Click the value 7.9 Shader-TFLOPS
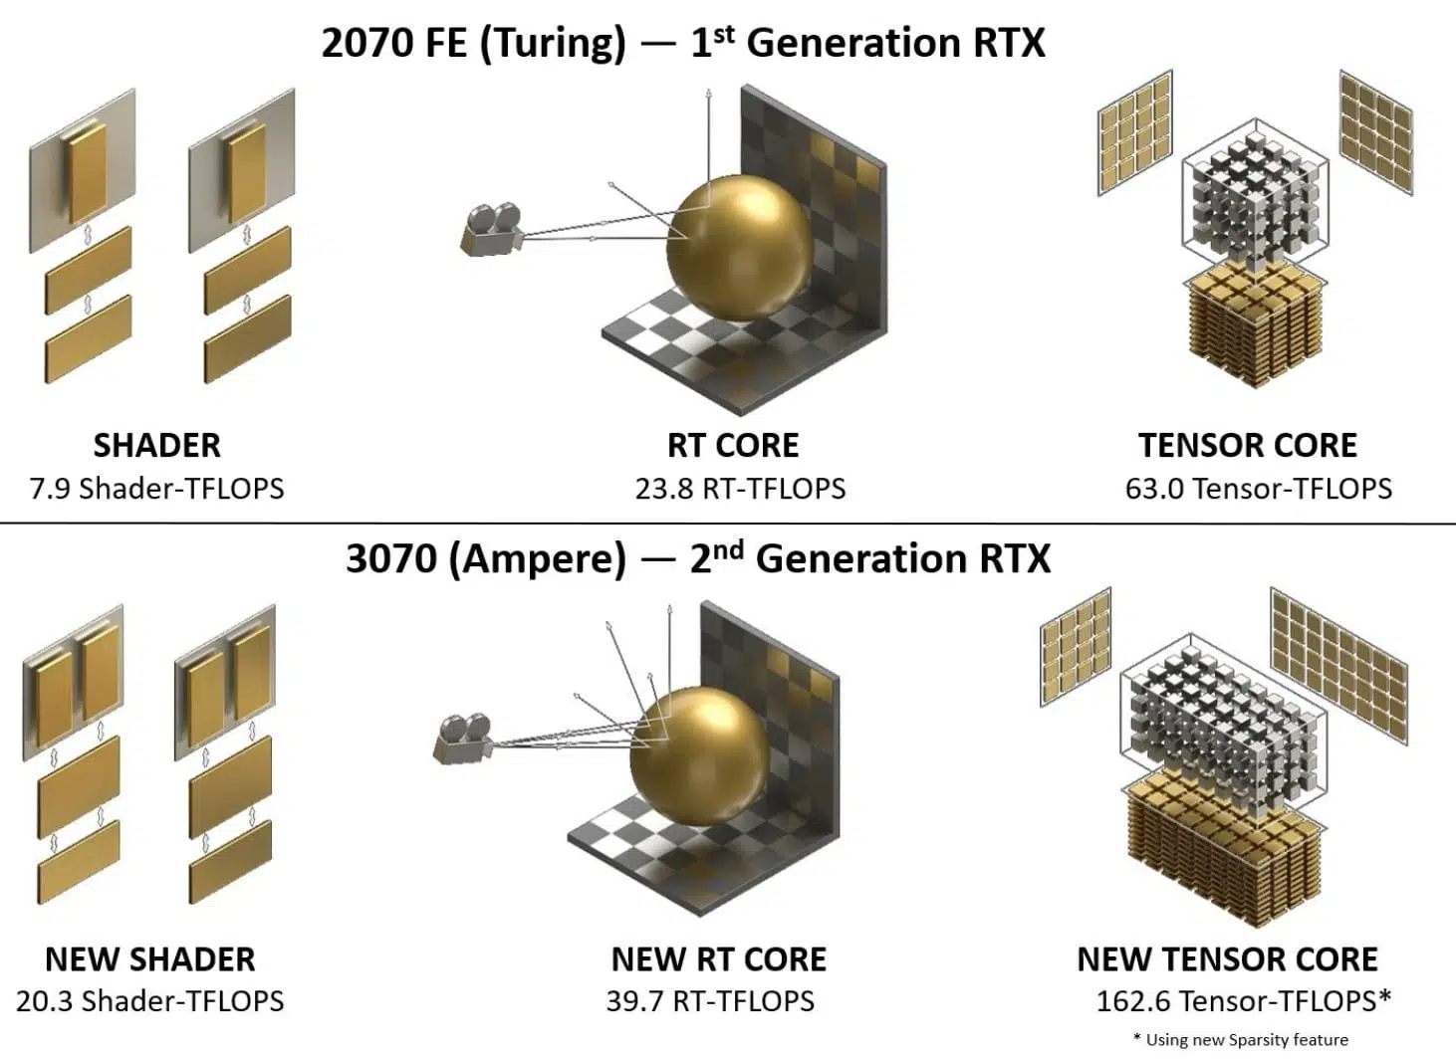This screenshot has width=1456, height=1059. (156, 489)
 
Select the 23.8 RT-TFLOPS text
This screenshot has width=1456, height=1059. (740, 489)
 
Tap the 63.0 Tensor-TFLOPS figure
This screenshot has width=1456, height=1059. (1259, 489)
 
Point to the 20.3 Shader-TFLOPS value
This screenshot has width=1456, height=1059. (150, 1001)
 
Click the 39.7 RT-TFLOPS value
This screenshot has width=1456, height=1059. (710, 1001)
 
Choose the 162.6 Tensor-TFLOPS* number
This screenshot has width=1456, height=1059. (1244, 1001)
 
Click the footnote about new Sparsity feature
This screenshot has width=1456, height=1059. (1241, 1040)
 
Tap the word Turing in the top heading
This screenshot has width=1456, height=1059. (553, 44)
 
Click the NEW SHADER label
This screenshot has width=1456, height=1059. (150, 959)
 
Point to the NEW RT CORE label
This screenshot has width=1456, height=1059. (719, 959)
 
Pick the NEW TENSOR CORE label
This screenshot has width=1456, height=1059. (1228, 959)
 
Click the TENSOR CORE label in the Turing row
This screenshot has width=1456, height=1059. (1248, 446)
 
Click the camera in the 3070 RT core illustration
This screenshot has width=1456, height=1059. (461, 739)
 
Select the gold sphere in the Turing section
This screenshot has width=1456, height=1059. (740, 247)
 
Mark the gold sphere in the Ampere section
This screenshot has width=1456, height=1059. (700, 755)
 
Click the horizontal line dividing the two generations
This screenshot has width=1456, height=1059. (728, 523)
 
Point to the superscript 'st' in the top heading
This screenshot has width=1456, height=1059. (724, 35)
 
